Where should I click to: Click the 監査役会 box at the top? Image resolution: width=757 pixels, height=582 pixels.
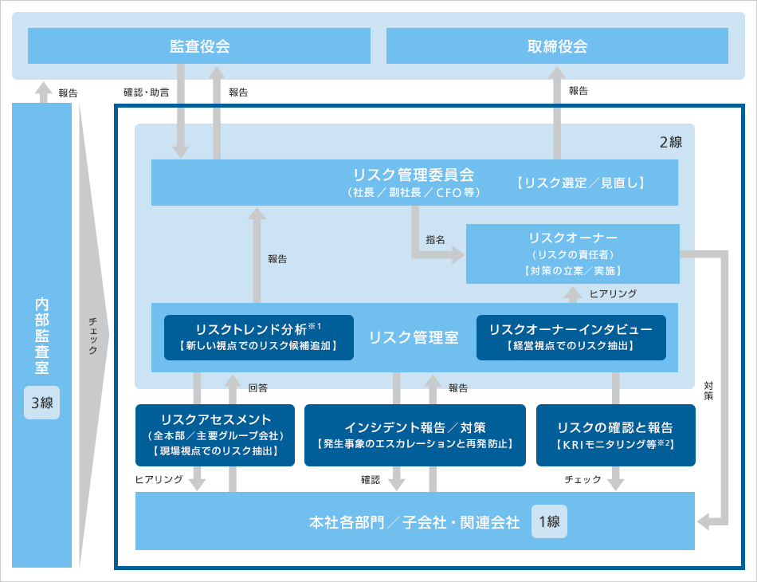(199, 45)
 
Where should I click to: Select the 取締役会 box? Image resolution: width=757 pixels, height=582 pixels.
(557, 45)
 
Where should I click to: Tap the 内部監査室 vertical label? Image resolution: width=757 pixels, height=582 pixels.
(42, 336)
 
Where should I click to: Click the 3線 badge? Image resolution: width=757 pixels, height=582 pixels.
(42, 403)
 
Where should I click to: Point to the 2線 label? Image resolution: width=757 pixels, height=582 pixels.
(671, 142)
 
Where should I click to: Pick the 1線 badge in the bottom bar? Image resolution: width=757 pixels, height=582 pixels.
(549, 522)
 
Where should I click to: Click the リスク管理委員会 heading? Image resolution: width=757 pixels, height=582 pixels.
(413, 174)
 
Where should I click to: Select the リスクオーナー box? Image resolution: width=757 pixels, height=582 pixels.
(572, 254)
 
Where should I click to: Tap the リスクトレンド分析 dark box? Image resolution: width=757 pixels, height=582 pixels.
(258, 336)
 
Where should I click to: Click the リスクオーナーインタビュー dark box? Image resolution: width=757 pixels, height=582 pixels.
(571, 336)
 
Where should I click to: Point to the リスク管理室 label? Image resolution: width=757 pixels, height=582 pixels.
(414, 337)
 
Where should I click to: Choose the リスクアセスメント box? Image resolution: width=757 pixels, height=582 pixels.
(215, 435)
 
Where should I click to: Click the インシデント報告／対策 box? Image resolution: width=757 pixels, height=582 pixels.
(414, 435)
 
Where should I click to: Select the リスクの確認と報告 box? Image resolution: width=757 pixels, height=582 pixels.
(615, 435)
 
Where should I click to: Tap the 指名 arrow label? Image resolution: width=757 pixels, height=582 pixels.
(435, 239)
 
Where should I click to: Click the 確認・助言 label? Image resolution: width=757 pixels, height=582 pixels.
(146, 92)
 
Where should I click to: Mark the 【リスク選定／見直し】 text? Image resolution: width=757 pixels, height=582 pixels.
(579, 183)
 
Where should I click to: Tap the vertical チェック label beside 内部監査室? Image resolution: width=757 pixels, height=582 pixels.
(93, 336)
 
